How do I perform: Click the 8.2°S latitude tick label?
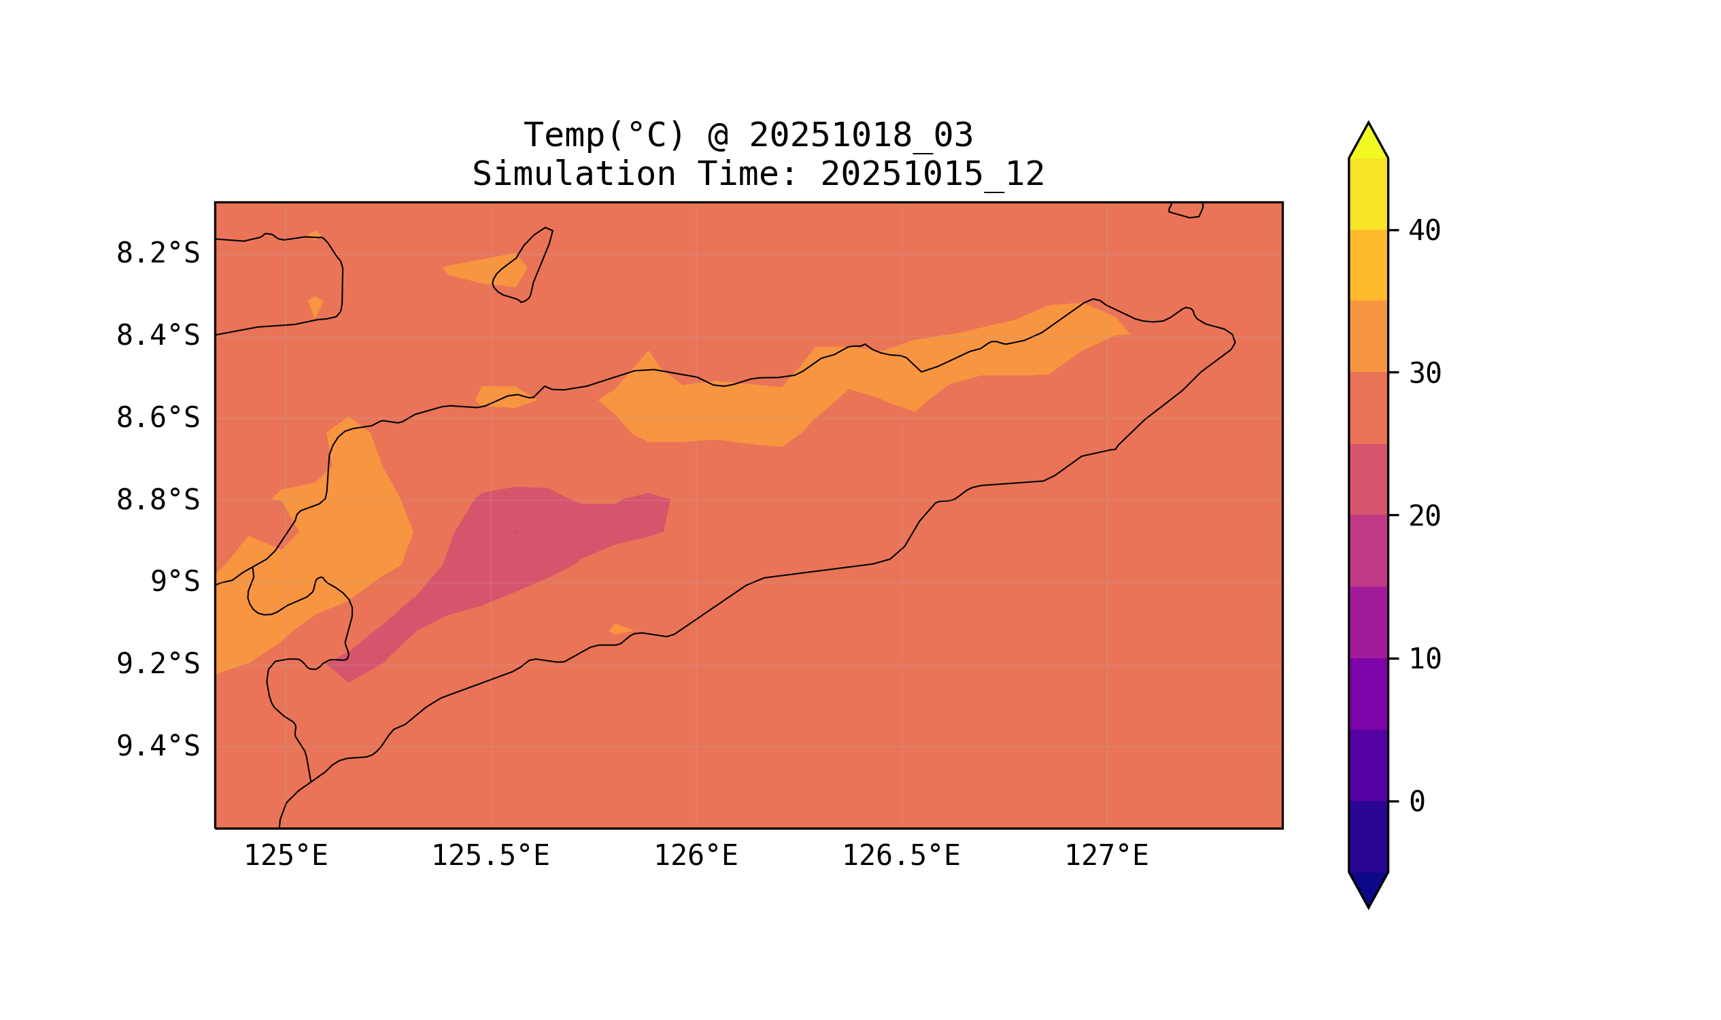pos(157,254)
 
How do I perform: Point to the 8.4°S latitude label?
pos(157,336)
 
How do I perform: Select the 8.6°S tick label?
pos(157,418)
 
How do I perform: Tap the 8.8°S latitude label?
pos(157,500)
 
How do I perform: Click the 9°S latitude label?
pos(175,582)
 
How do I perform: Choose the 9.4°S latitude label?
pos(157,747)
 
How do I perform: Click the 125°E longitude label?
pos(286,856)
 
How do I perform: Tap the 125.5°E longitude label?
pos(490,856)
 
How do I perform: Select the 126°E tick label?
pos(696,856)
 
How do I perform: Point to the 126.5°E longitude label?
pos(900,856)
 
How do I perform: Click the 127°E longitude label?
pos(1106,856)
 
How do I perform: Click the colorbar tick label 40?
pos(1424,231)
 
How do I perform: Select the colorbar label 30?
pos(1424,374)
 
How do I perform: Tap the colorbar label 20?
pos(1424,516)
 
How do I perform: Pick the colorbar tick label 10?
pos(1424,659)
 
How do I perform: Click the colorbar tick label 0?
pos(1416,802)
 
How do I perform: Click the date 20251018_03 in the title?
pos(861,135)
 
